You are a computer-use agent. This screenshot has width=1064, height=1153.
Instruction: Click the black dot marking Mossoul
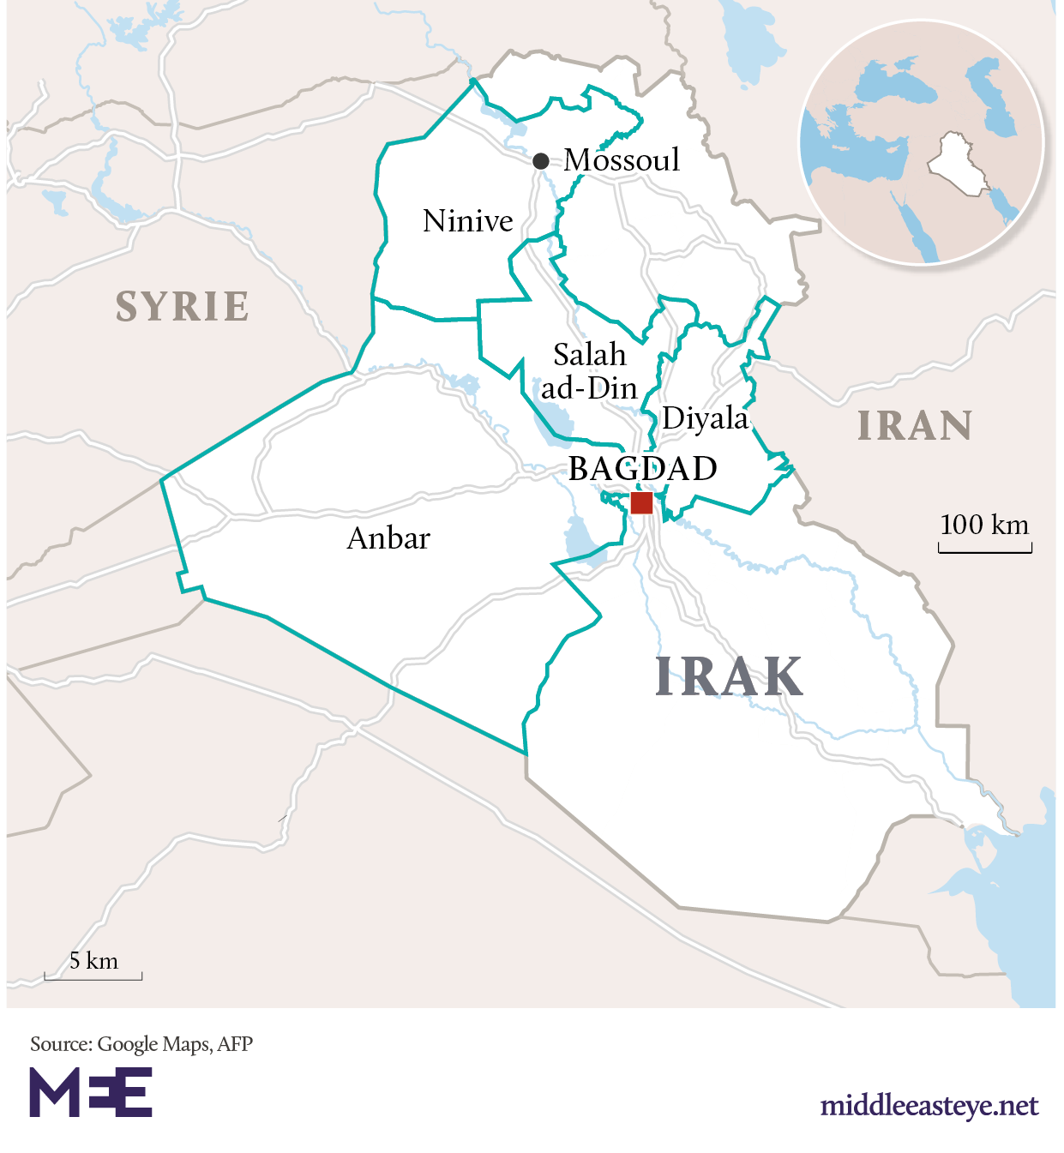coord(540,160)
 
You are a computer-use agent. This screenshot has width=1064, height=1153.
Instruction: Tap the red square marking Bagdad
coord(641,502)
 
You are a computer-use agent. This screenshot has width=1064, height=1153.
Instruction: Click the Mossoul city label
coord(622,160)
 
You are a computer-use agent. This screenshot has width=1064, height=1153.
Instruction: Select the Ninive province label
coord(467,221)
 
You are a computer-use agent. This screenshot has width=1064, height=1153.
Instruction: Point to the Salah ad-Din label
coord(589,371)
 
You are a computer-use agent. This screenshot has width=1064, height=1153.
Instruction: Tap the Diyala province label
coord(706,418)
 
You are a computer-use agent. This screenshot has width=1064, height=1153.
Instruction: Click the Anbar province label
coord(388,538)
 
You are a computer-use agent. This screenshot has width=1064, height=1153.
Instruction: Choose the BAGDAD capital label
coord(643,469)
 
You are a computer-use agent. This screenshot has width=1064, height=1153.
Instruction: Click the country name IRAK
coord(729,677)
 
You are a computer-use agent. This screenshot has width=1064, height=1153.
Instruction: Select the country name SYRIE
coord(183,307)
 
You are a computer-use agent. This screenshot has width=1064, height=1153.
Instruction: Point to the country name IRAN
coord(915,426)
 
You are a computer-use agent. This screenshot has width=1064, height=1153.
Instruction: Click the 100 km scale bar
coord(985,547)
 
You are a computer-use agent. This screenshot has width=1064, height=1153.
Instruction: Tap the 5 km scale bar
coord(93,976)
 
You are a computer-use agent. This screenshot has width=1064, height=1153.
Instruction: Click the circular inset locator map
coord(922,143)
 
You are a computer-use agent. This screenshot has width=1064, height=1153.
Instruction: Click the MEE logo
coord(91,1092)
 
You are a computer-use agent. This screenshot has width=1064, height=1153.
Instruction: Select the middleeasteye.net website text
coord(929,1106)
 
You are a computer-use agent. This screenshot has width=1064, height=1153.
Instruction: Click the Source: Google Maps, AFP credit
coord(141,1044)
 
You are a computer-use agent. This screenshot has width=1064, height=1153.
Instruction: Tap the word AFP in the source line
coord(235,1044)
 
